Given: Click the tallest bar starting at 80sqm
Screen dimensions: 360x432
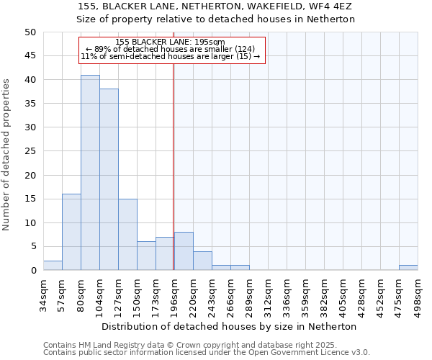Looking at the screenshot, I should point(90,173).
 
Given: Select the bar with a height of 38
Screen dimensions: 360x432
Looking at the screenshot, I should point(109,180).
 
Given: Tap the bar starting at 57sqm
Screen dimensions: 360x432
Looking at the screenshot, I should point(71,232).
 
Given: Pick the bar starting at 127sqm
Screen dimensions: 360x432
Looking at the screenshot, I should point(127,235).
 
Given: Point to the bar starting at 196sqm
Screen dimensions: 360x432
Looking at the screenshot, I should point(184,251).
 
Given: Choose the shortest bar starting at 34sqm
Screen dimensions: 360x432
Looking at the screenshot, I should point(53,266).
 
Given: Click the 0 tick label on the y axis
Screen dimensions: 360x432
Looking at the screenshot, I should point(32,270).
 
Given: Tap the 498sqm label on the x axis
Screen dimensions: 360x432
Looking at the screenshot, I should point(418,292).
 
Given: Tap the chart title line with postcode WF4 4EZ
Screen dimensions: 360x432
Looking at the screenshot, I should point(216,6).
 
